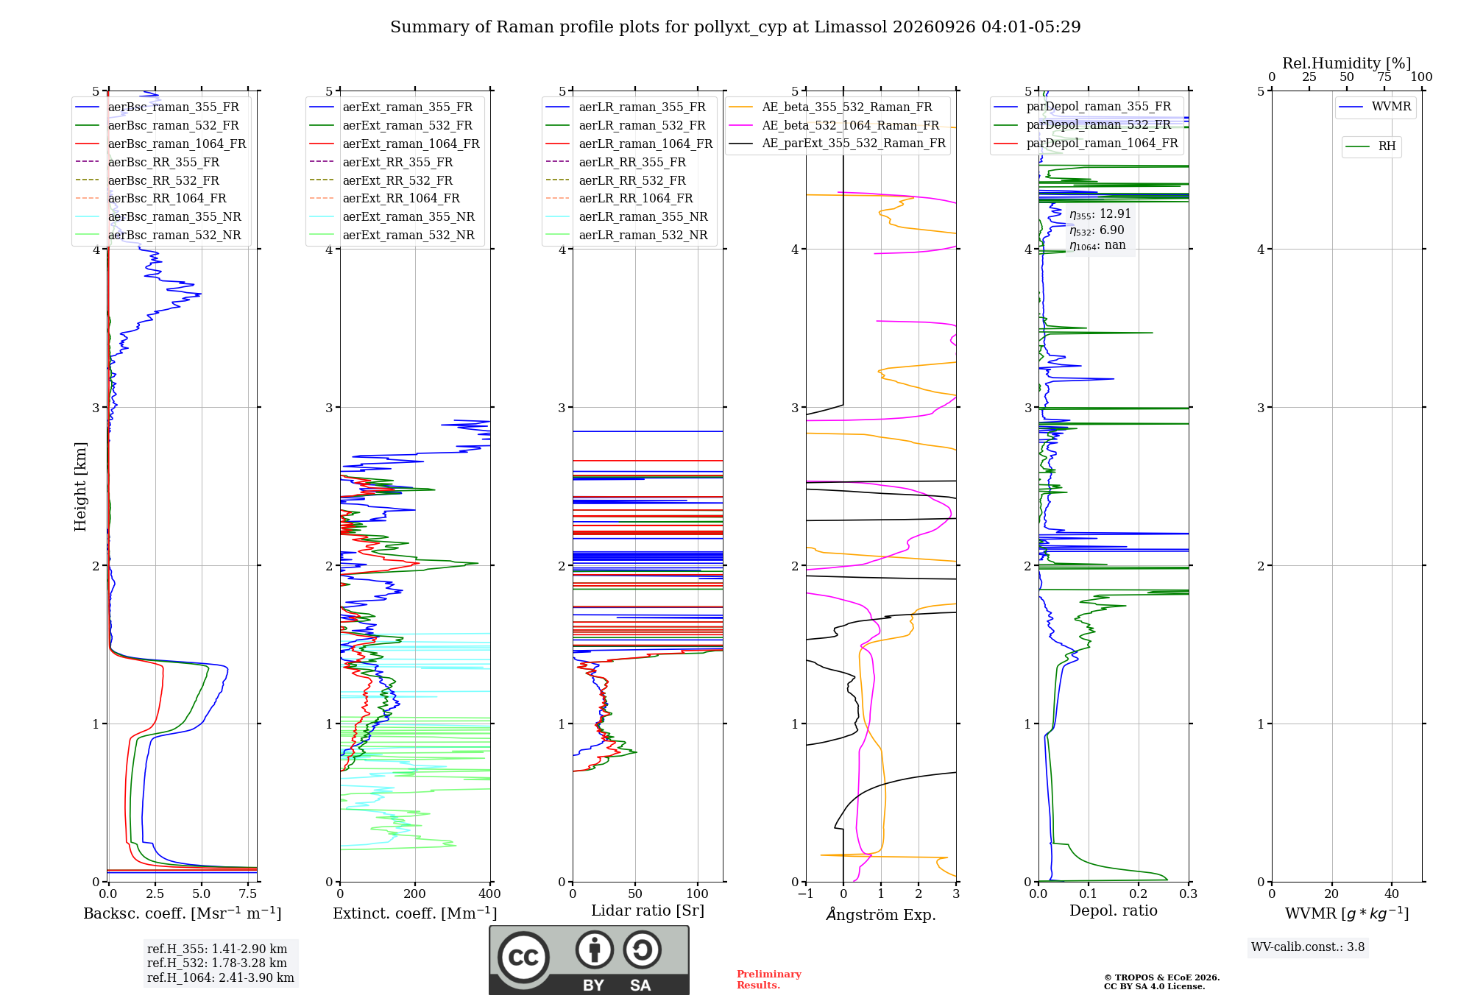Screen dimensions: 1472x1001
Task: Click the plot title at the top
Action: point(735,27)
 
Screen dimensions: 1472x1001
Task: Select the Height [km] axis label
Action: point(80,487)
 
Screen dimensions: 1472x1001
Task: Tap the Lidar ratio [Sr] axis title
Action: point(648,910)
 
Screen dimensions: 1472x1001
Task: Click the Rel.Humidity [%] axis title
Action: point(1347,63)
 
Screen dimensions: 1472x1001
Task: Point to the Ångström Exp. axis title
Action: point(881,914)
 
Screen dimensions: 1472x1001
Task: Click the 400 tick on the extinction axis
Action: point(490,894)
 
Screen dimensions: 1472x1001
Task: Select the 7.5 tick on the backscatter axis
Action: point(248,894)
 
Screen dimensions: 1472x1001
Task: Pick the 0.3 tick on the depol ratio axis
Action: point(1189,894)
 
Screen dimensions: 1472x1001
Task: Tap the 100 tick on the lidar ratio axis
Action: point(698,894)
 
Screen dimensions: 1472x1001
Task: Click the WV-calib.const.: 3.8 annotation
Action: point(1308,947)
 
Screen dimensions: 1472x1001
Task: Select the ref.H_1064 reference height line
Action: point(221,977)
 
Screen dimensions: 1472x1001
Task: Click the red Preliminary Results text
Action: point(769,980)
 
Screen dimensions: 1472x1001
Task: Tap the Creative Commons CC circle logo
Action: point(523,958)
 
